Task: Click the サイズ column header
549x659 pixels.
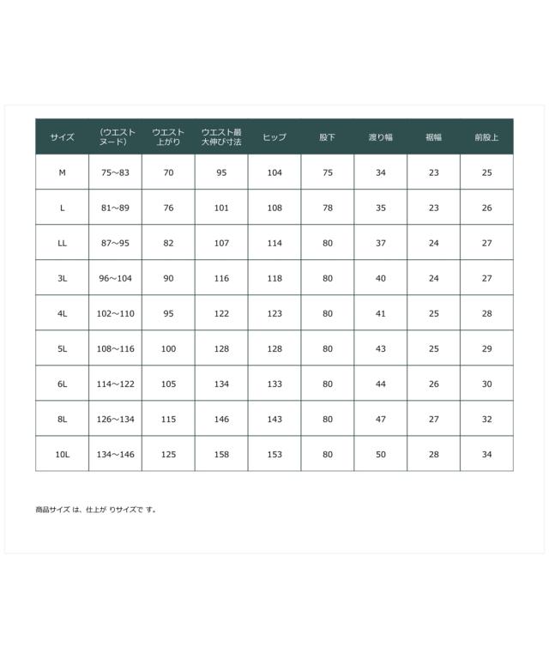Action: pos(62,137)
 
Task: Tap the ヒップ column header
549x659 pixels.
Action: pos(274,137)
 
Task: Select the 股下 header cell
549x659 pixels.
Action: pos(327,137)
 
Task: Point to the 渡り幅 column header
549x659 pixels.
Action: pos(380,137)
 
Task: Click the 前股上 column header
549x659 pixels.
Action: pos(486,137)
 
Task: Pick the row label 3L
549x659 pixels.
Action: pos(62,278)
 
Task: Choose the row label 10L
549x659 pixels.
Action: pos(62,454)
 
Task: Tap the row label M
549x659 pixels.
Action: pos(62,172)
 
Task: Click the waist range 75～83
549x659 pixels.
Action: pos(115,172)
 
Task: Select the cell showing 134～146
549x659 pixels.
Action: pos(115,454)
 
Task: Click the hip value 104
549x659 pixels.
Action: pos(274,172)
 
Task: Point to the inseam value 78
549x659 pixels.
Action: pos(327,208)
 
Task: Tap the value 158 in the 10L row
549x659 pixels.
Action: pos(221,454)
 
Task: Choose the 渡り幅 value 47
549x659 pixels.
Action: pos(380,419)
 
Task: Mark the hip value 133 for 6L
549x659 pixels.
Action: pos(274,384)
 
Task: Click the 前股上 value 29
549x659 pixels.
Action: pos(486,348)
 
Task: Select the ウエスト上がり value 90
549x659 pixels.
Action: pos(168,278)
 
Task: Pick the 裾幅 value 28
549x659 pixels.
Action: pos(433,454)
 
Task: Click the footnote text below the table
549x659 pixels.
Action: pos(96,510)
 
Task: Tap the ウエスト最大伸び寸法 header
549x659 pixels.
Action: pos(221,137)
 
